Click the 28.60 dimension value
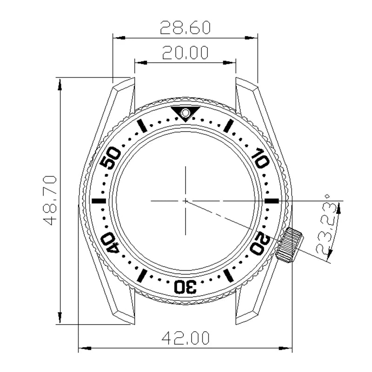(185, 28)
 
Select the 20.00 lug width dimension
(185, 53)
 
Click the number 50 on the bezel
(111, 158)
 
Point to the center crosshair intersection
(185, 200)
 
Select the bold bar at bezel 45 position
(99, 200)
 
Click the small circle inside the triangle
(185, 112)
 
